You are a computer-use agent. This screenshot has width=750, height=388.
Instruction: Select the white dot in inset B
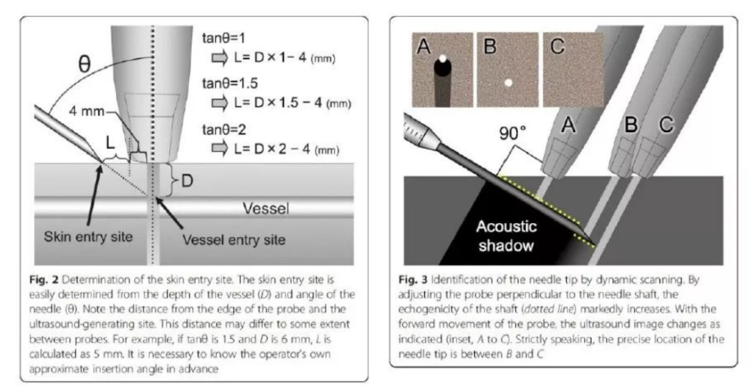509,83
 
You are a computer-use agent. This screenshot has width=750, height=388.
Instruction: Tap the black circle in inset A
442,68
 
